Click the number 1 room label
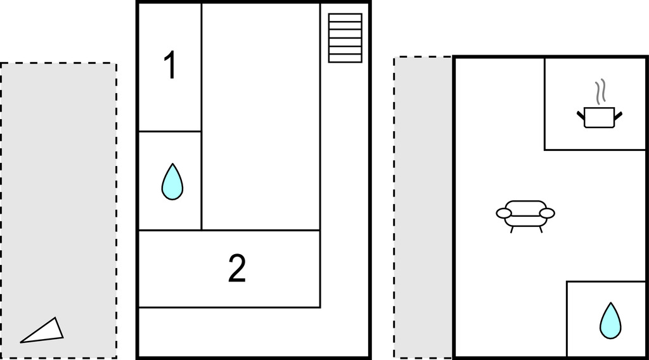pos(170,65)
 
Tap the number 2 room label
pos(237,268)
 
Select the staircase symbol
pos(345,38)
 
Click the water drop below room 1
pos(172,182)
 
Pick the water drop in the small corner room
pos(610,321)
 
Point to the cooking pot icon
pos(600,117)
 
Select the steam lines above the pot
pos(600,91)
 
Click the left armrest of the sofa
pos(504,213)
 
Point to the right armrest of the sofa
pos(547,213)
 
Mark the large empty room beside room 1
pos(260,117)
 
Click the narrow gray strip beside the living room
pos(423,207)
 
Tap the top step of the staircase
pos(345,17)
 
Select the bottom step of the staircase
pos(345,58)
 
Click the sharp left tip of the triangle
pos(21,343)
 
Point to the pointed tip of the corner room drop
pos(610,303)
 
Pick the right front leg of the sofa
pos(540,229)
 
